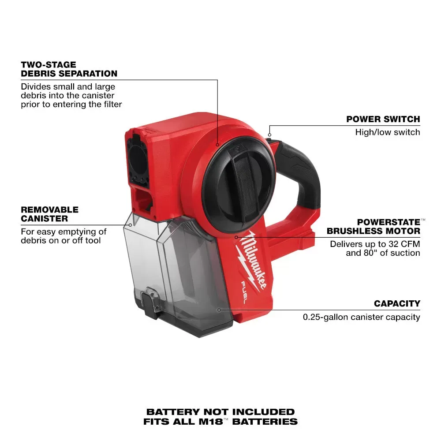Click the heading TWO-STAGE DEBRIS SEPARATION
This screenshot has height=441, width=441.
click(x=69, y=69)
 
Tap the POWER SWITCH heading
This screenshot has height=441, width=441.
click(x=383, y=119)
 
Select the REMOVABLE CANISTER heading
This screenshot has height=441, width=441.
click(x=49, y=214)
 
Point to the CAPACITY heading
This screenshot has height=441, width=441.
click(x=397, y=303)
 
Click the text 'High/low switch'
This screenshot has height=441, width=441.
click(x=387, y=132)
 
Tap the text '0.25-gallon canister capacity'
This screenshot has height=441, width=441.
click(x=361, y=317)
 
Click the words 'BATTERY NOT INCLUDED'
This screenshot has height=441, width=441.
click(x=220, y=412)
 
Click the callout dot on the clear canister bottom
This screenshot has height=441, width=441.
click(x=219, y=310)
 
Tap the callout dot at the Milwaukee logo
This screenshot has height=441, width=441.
click(x=236, y=237)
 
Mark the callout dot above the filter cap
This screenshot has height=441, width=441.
click(x=217, y=144)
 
